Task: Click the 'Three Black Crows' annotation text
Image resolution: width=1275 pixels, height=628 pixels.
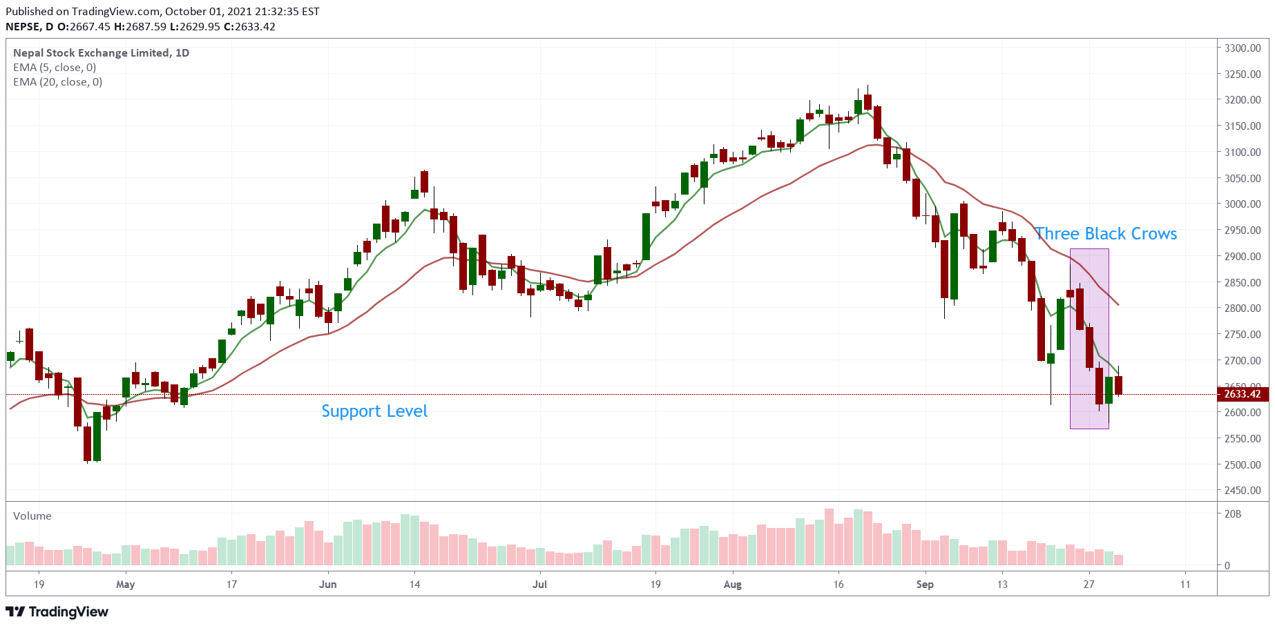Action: point(1105,234)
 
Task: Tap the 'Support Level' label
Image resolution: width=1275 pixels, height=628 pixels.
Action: point(374,411)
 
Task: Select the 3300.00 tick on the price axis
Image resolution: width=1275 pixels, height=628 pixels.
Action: point(1243,48)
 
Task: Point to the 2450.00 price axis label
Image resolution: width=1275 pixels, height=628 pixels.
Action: point(1243,491)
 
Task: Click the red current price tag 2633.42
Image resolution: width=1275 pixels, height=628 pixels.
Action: point(1243,394)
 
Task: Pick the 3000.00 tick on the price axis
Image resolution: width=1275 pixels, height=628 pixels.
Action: point(1243,204)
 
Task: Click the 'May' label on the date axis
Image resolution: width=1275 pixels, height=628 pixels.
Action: point(126,585)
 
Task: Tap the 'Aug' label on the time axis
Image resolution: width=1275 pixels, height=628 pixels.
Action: point(732,585)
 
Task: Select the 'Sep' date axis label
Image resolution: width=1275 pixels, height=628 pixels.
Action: point(925,585)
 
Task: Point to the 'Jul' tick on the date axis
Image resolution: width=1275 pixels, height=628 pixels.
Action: point(539,585)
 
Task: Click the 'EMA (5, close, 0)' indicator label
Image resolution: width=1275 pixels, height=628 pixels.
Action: point(55,68)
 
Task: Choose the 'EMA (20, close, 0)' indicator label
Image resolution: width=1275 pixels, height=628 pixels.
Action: point(58,82)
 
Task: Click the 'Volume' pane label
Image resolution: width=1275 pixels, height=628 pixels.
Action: point(32,516)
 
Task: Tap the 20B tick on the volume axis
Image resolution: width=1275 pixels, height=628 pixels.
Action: point(1233,514)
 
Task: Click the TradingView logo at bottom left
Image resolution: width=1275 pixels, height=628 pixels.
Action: point(57,612)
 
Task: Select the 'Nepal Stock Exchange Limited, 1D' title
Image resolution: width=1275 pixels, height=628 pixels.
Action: point(101,53)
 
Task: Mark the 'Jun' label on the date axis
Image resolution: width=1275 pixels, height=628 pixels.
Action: point(328,585)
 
